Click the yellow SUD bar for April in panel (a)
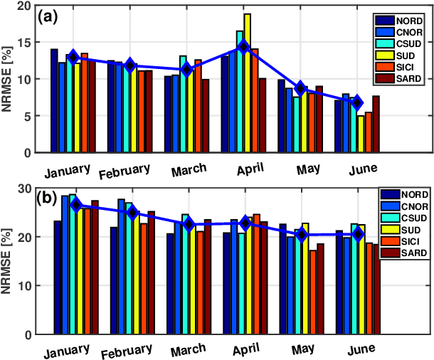pyautogui.click(x=248, y=83)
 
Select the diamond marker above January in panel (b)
pyautogui.click(x=76, y=205)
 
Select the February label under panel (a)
pyautogui.click(x=129, y=171)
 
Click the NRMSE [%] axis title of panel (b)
pyautogui.click(x=9, y=260)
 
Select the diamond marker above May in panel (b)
pyautogui.click(x=302, y=235)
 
